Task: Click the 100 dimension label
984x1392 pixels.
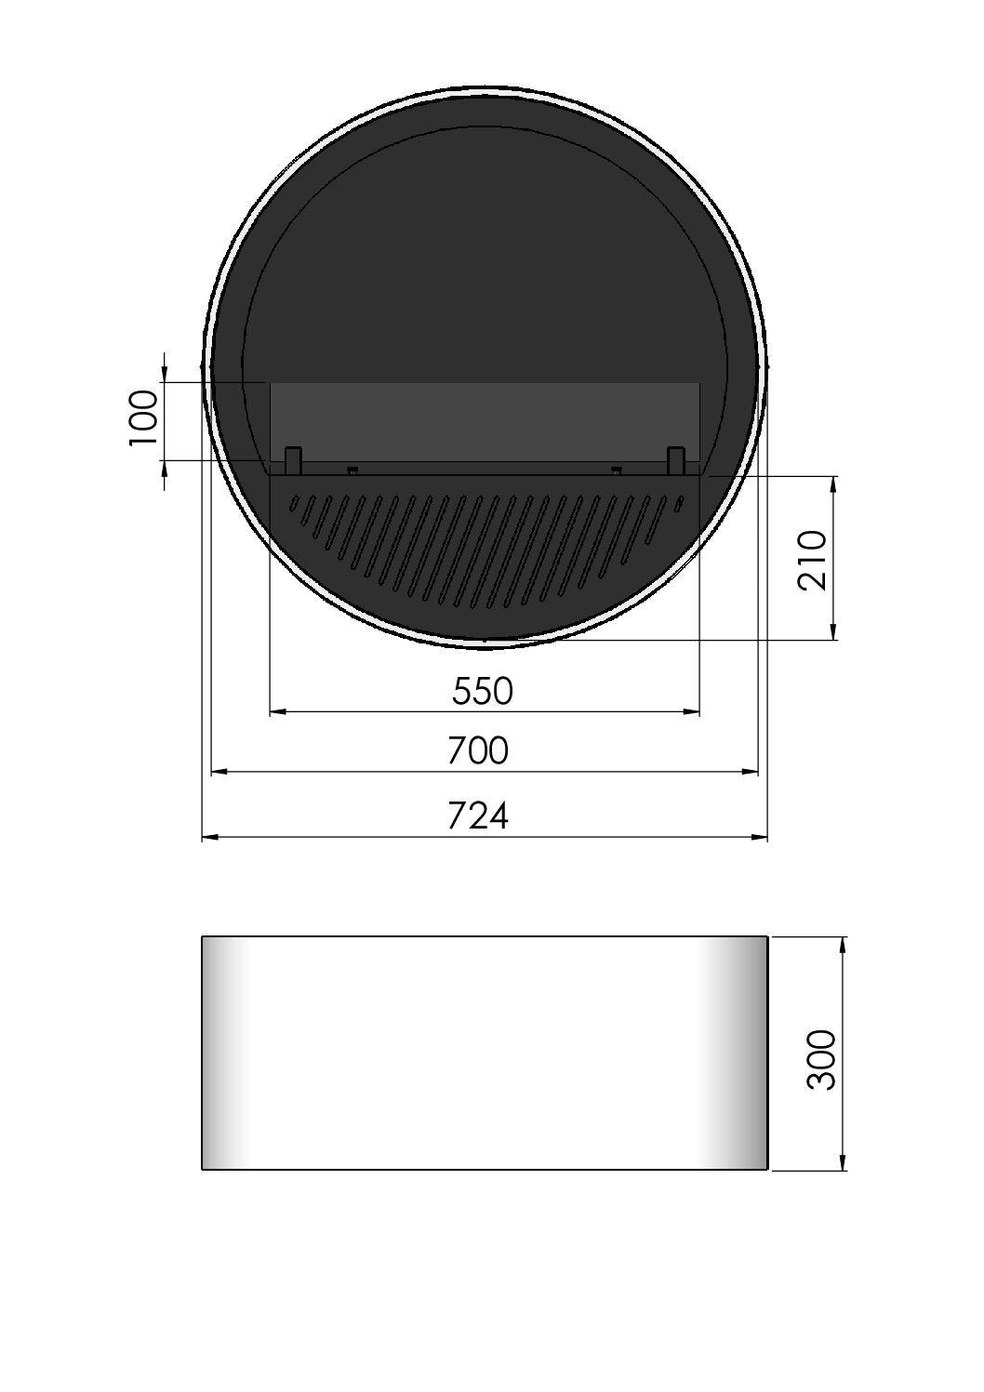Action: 143,418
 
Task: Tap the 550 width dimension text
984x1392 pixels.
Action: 483,691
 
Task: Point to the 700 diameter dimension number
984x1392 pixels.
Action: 478,750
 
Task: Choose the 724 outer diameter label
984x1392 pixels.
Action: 478,815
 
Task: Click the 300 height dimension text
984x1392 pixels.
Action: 822,1059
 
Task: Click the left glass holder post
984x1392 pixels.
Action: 293,458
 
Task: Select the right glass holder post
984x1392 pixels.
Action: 676,458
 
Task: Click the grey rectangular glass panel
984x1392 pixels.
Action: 484,418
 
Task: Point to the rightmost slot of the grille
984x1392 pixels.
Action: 679,505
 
